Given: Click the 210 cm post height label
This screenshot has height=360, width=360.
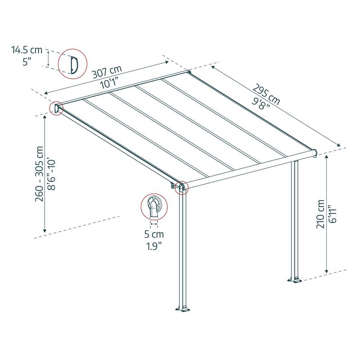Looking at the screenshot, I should [x=320, y=214].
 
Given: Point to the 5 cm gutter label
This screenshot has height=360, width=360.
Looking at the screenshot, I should [x=154, y=234].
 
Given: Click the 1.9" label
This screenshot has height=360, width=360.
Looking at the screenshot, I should [x=154, y=246].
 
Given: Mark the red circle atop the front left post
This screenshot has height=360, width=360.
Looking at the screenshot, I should [x=182, y=187].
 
